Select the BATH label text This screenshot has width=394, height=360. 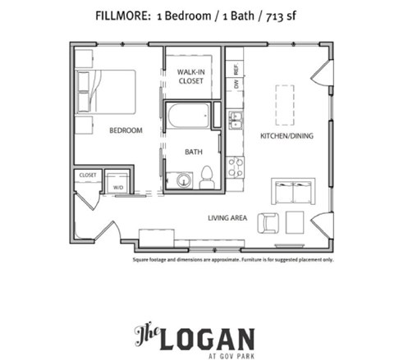click(x=194, y=152)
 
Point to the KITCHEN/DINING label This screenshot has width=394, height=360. click(x=284, y=135)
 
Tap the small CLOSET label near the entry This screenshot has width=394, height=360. click(x=88, y=175)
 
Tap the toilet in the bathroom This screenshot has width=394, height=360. click(x=207, y=177)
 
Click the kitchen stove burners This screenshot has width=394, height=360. click(x=235, y=167)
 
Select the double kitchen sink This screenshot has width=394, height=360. click(x=235, y=122)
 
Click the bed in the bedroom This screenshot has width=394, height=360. click(x=107, y=91)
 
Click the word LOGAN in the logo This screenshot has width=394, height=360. click(x=210, y=335)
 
